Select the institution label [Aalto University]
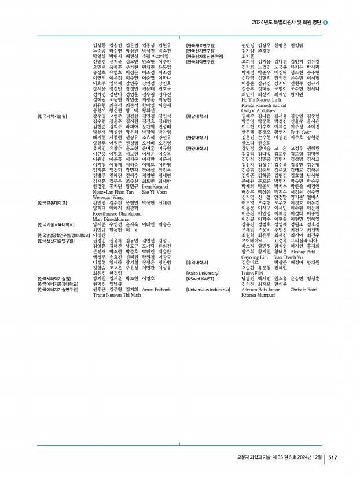tap(203, 273)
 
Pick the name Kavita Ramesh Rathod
tap(263, 105)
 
